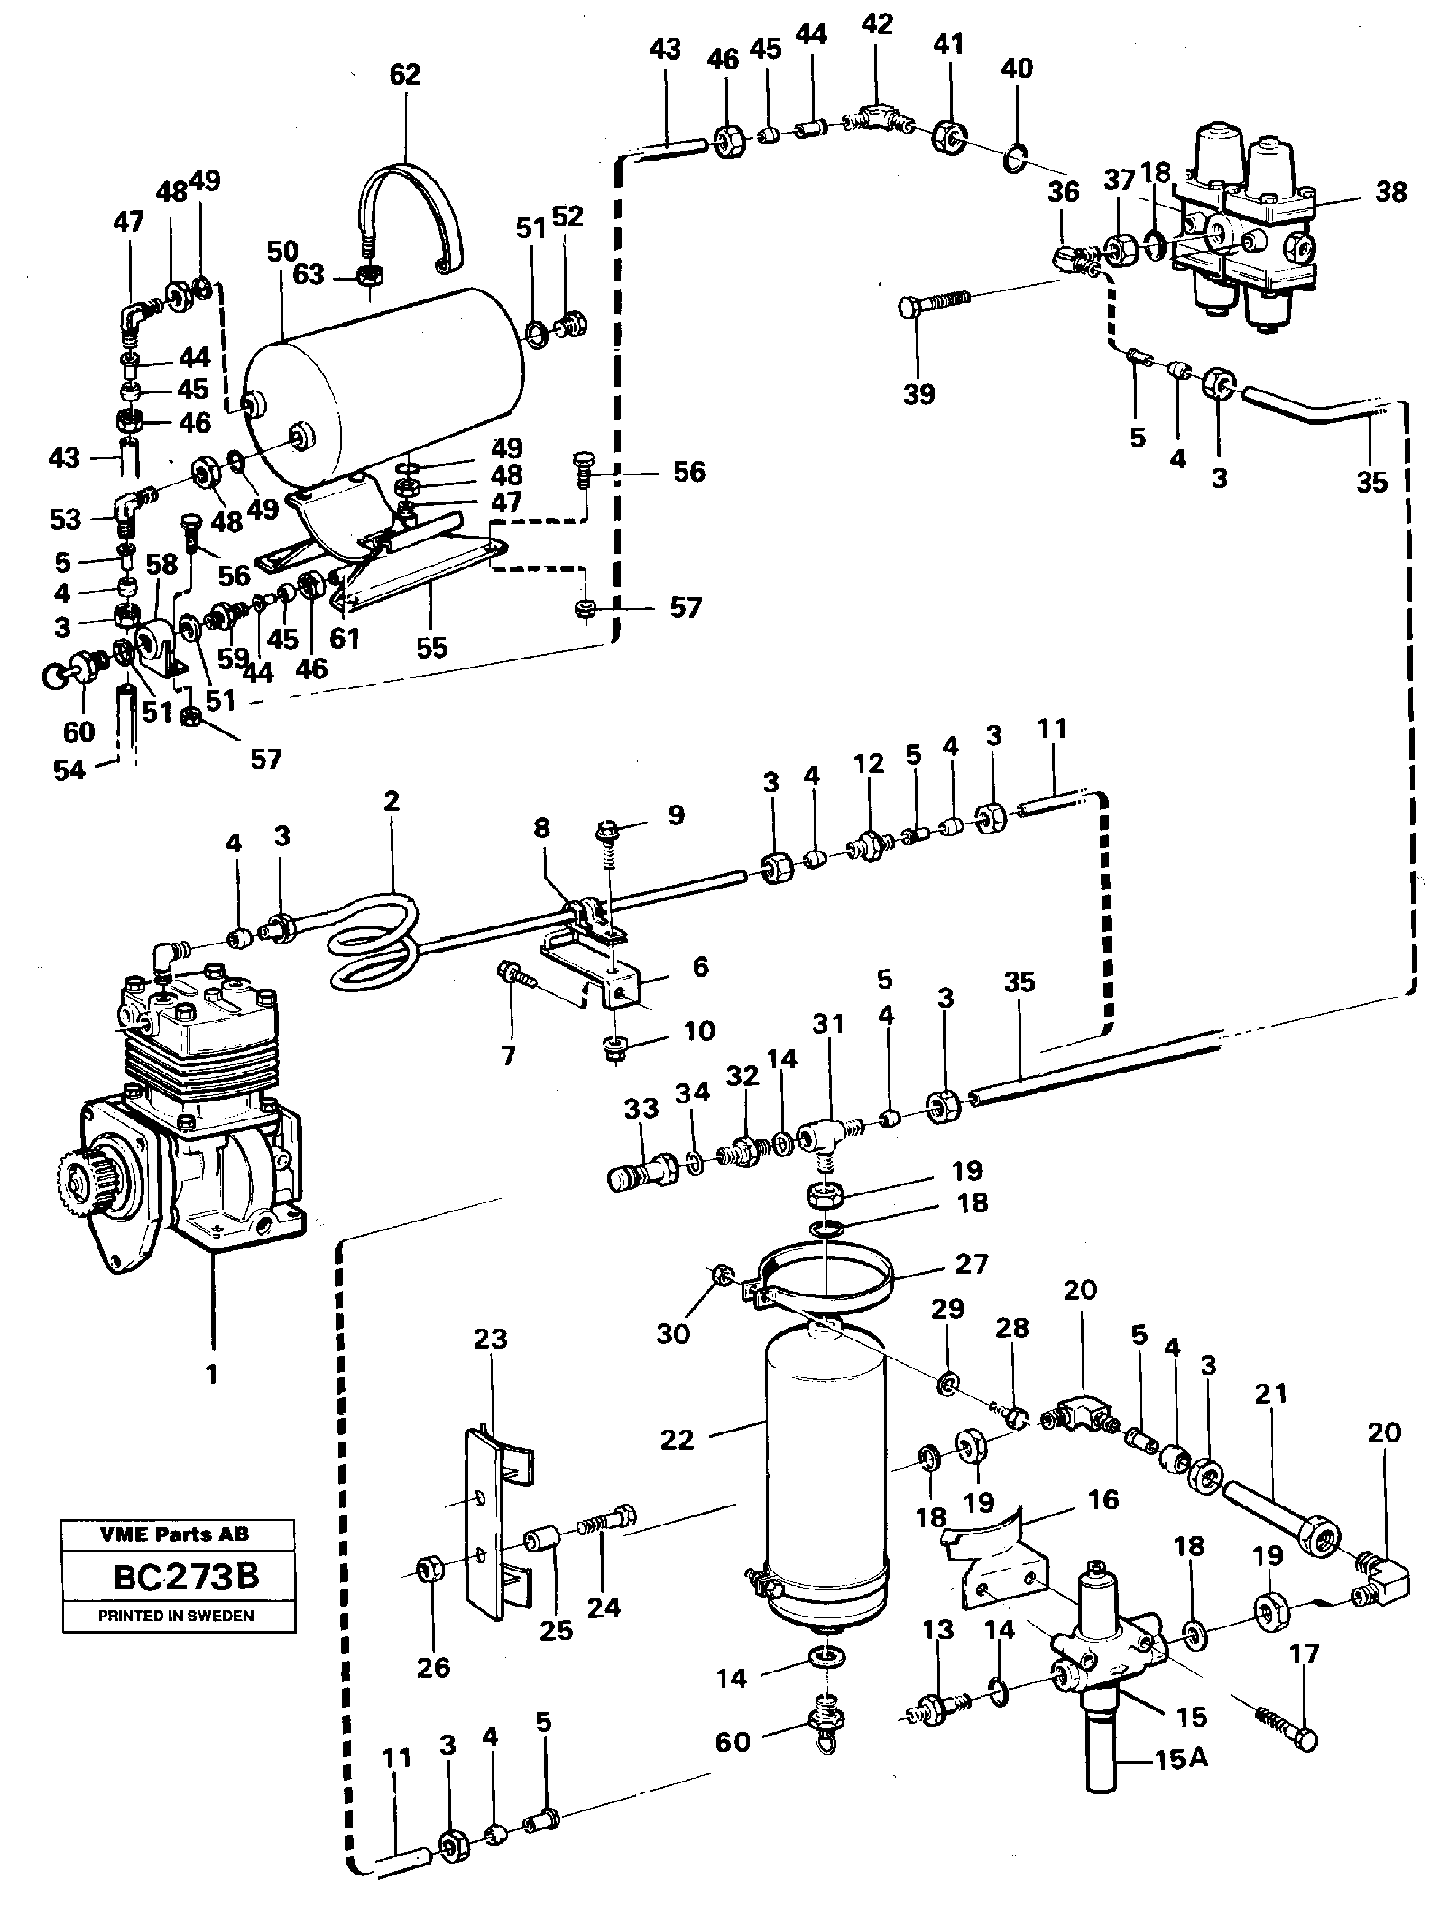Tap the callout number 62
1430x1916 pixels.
pyautogui.click(x=405, y=74)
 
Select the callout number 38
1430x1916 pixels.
pyautogui.click(x=1390, y=191)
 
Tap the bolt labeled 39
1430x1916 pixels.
pyautogui.click(x=934, y=302)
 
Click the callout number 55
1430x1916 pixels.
pyautogui.click(x=432, y=647)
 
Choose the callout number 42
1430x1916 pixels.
pyautogui.click(x=876, y=25)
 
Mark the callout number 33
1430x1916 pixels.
pyautogui.click(x=641, y=1108)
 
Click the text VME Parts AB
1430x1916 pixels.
pyautogui.click(x=178, y=1534)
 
